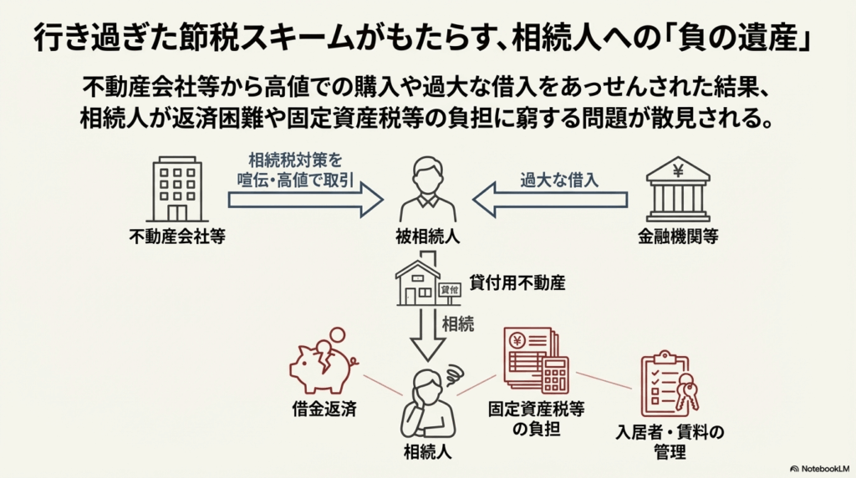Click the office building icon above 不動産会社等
[x=176, y=190]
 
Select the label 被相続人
[x=427, y=236]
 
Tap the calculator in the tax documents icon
[x=555, y=374]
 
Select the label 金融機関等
[x=678, y=236]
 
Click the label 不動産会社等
[x=177, y=236]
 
